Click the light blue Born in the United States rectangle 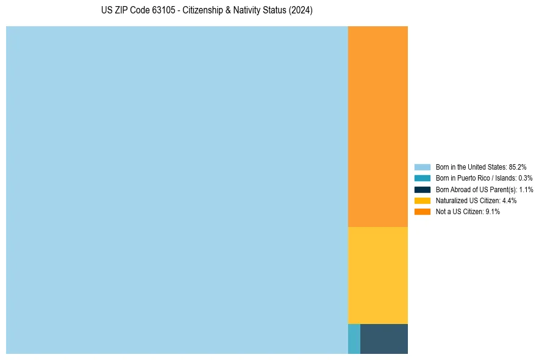[177, 190]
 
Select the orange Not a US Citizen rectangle [377, 126]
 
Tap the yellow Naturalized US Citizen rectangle [377, 275]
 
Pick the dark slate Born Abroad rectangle [383, 339]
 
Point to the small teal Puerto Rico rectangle [354, 339]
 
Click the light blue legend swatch [422, 167]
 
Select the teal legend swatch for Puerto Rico [422, 178]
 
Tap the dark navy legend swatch [422, 189]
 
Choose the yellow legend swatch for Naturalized [422, 200]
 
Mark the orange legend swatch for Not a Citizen [422, 211]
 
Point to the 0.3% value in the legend [525, 178]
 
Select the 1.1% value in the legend [526, 190]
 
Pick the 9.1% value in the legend [492, 212]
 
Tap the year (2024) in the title [301, 11]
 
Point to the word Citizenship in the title [202, 11]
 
